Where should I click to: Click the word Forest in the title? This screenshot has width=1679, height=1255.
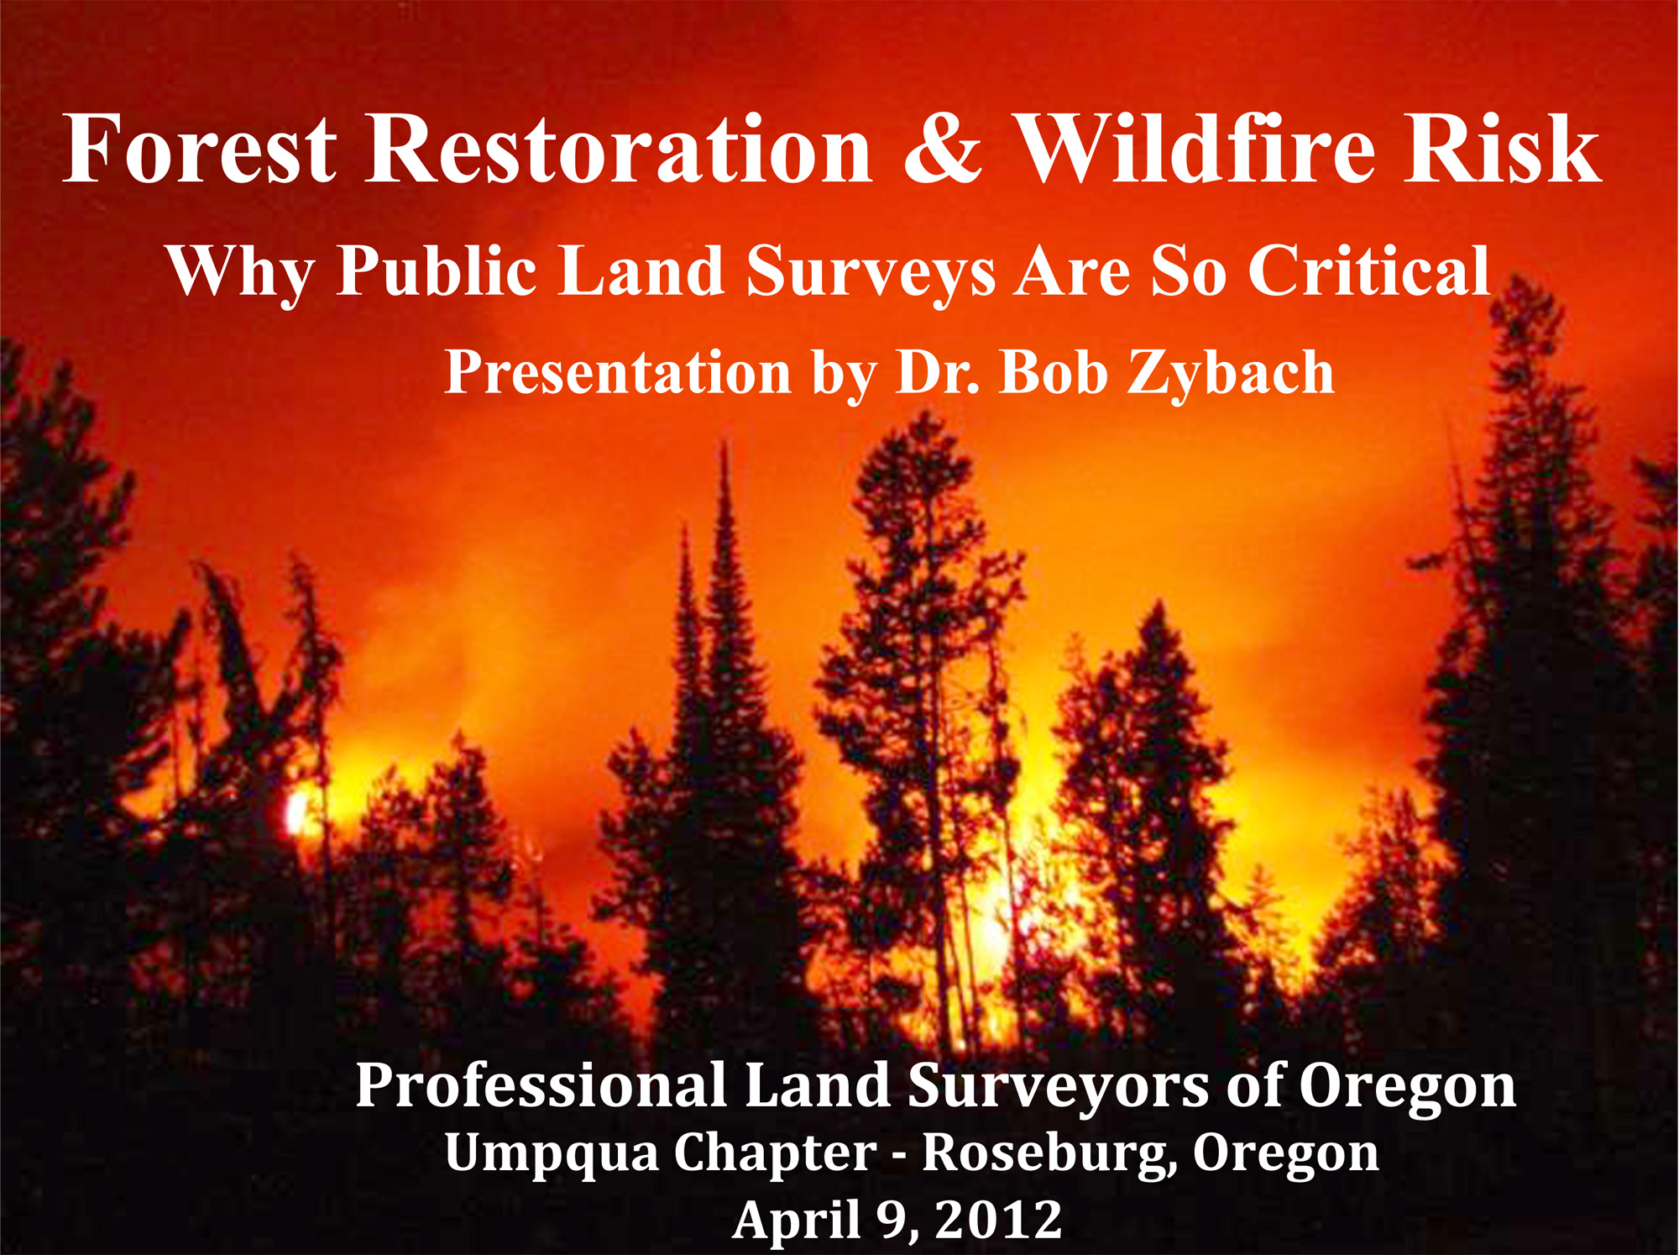pyautogui.click(x=200, y=149)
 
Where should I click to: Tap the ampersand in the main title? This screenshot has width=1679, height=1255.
pyautogui.click(x=943, y=149)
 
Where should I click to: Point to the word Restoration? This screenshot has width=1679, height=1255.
pyautogui.click(x=620, y=149)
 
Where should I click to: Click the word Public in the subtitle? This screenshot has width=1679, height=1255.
pyautogui.click(x=437, y=270)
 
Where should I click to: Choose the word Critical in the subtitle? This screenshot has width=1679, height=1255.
pyautogui.click(x=1369, y=270)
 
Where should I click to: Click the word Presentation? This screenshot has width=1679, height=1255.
pyautogui.click(x=619, y=372)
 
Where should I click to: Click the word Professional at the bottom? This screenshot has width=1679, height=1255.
pyautogui.click(x=541, y=1086)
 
